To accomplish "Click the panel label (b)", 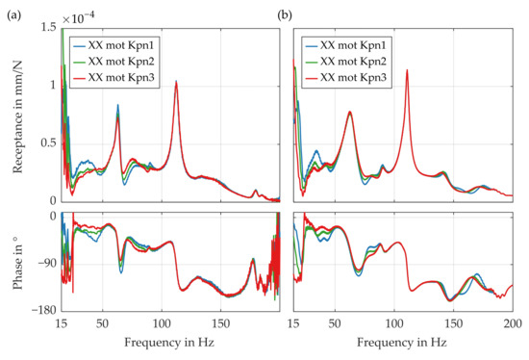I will [285, 14].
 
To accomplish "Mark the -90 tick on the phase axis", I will [43, 263].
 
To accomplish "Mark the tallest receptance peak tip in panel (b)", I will [408, 70].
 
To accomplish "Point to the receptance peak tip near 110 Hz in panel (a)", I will [176, 82].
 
